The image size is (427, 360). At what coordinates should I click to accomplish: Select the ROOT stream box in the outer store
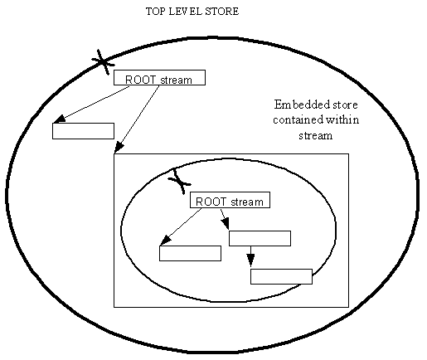(x=159, y=77)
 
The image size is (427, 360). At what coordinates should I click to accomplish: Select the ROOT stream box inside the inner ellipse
(x=230, y=200)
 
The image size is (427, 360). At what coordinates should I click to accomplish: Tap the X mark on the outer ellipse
(x=103, y=62)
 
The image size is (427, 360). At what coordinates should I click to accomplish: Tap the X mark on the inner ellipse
(x=179, y=182)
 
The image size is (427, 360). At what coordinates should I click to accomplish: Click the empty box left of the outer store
(x=83, y=131)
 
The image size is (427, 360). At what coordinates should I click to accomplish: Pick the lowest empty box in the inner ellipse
(x=281, y=276)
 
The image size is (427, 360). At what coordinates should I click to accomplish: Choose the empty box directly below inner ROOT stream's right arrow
(x=260, y=238)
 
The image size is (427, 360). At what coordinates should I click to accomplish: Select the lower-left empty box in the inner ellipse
(x=190, y=253)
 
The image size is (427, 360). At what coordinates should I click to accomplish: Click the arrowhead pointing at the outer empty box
(x=59, y=119)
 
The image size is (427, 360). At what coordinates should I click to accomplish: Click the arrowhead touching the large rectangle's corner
(x=119, y=147)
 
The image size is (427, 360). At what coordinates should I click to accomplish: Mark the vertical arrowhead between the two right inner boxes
(x=250, y=260)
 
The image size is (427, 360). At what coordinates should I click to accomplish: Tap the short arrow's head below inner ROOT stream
(x=226, y=223)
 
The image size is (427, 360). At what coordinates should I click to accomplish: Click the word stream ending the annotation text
(x=316, y=136)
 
